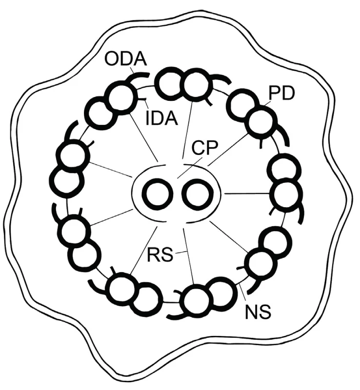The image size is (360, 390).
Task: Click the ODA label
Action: coord(125,59)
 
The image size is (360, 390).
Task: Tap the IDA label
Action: coord(161,117)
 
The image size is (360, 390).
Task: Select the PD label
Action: coord(281,94)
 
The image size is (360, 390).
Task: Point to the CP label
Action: coord(204,148)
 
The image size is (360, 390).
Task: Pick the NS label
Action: coord(258,312)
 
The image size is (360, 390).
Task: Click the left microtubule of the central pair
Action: coord(158,195)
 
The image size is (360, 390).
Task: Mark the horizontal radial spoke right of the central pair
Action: coord(247,194)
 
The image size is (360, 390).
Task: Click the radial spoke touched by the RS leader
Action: coord(189,256)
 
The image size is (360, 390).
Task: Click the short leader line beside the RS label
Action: coord(181,253)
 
